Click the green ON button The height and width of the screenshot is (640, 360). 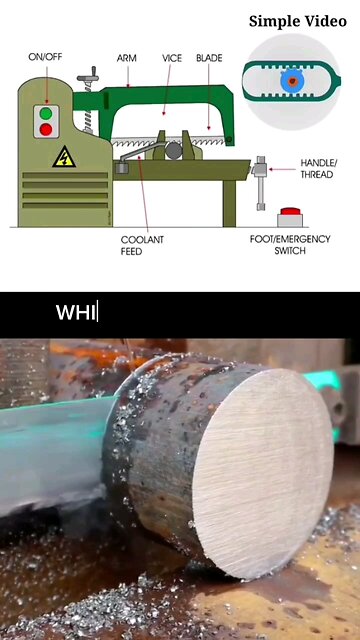pyautogui.click(x=46, y=114)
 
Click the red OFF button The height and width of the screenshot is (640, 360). pyautogui.click(x=46, y=130)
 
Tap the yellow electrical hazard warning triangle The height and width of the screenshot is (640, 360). pyautogui.click(x=64, y=158)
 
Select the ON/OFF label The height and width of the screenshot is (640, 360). pyautogui.click(x=45, y=57)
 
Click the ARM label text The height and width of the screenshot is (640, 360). pyautogui.click(x=127, y=58)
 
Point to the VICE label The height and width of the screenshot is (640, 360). pyautogui.click(x=172, y=58)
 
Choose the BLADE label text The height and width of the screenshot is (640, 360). pyautogui.click(x=209, y=58)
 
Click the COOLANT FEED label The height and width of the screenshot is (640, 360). pyautogui.click(x=142, y=246)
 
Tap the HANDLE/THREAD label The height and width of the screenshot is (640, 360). pyautogui.click(x=317, y=169)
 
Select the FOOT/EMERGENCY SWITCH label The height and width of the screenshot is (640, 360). pyautogui.click(x=290, y=244)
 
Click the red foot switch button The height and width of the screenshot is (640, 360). pyautogui.click(x=291, y=211)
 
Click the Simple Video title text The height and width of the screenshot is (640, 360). pyautogui.click(x=298, y=21)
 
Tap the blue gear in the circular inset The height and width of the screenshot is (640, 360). pyautogui.click(x=291, y=81)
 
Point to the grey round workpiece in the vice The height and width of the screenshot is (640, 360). pyautogui.click(x=173, y=151)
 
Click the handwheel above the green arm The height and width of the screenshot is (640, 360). pyautogui.click(x=88, y=77)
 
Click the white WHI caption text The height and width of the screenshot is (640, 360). pyautogui.click(x=76, y=313)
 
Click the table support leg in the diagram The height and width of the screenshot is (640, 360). pyautogui.click(x=229, y=203)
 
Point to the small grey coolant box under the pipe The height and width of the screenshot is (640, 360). pyautogui.click(x=122, y=167)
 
